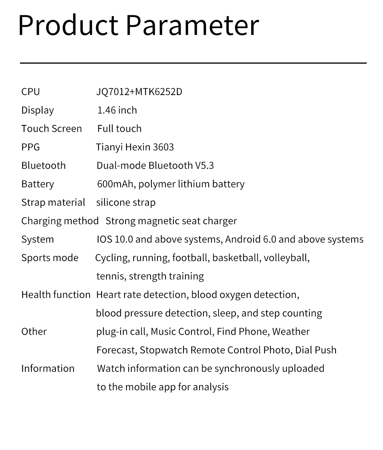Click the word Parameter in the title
coord(192,26)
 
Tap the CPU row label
coord(31,92)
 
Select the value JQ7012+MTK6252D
coord(139,92)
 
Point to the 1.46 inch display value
coord(117,110)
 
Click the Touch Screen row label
coord(51,129)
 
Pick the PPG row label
coord(31,147)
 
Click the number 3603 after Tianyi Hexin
coord(163,147)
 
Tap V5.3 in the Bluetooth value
coord(205,166)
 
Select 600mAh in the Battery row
coord(115,184)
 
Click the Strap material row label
coord(53,202)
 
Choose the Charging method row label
coord(60,221)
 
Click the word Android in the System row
coord(243,240)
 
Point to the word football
coord(190,258)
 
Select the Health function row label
coord(56,295)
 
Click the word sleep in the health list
coord(225,313)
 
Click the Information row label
coord(48,369)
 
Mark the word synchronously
coord(247,369)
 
